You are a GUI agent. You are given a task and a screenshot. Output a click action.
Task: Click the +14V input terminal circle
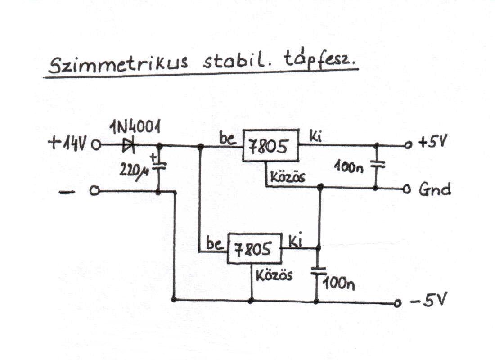point(95,145)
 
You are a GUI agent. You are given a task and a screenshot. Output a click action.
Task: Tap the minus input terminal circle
point(94,192)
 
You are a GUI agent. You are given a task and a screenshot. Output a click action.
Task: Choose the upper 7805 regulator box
point(270,146)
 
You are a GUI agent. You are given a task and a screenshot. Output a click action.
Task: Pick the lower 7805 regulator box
point(254,248)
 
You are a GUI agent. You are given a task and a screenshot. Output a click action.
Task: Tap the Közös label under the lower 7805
point(274,274)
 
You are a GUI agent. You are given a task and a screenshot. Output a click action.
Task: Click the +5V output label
point(431,143)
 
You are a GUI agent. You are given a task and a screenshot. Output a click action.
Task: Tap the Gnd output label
point(434,189)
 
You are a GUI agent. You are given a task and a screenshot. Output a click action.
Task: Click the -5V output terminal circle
point(396,303)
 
